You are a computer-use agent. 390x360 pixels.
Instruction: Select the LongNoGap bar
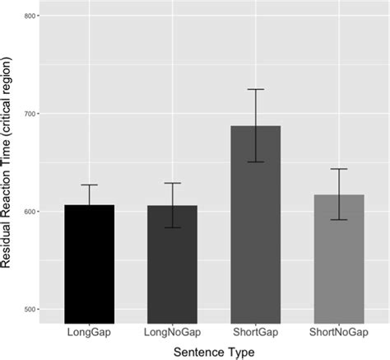(174, 264)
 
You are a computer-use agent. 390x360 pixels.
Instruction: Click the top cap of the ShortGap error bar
(256, 89)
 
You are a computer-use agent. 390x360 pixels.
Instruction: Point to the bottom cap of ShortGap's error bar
(256, 161)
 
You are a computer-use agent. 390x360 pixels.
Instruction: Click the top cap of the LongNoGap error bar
(174, 183)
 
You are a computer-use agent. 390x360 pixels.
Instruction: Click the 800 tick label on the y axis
(26, 16)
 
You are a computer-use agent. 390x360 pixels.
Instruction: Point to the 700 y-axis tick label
(26, 114)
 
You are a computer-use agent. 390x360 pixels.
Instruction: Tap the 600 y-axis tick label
(26, 212)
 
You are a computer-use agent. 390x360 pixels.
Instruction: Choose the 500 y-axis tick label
(26, 310)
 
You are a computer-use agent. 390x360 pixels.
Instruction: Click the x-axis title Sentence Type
(215, 352)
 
